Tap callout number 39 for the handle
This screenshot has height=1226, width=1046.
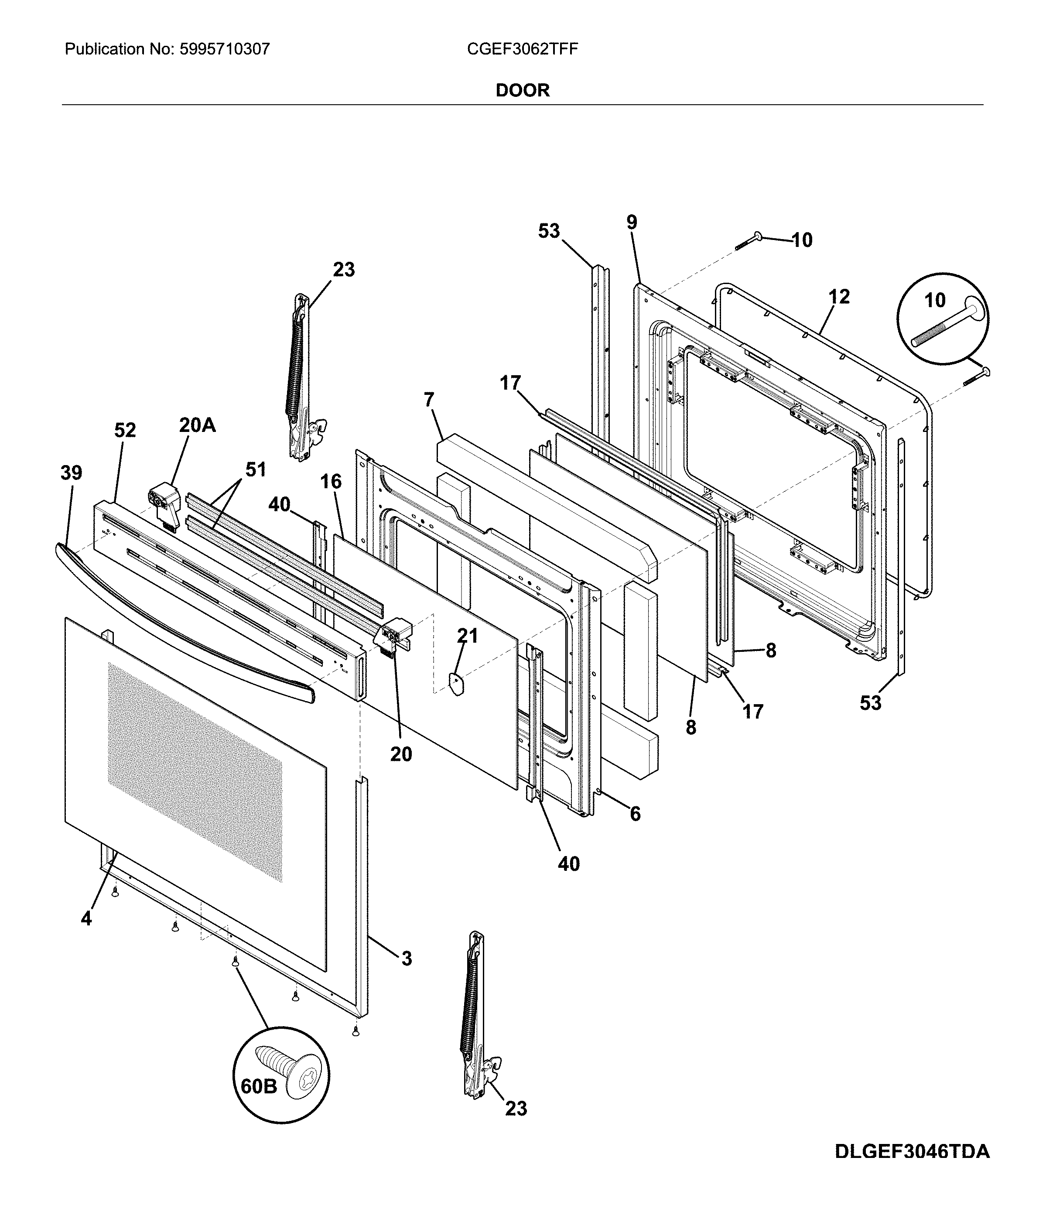(72, 473)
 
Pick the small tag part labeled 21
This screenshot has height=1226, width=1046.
(456, 684)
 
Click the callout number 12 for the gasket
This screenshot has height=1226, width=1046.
(838, 296)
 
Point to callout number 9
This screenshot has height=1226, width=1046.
(632, 223)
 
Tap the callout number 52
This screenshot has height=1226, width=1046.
(125, 430)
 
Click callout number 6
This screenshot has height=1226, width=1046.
(635, 814)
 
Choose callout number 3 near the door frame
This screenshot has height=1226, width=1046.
(407, 959)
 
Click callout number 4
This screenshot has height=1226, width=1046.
(86, 919)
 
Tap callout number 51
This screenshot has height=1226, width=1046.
(256, 470)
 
